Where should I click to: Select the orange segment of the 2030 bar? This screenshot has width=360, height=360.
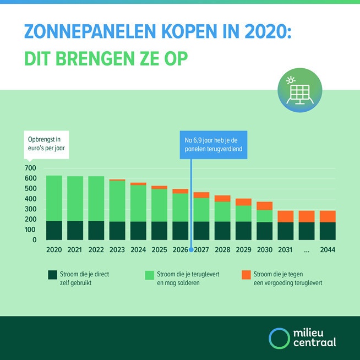click(265, 206)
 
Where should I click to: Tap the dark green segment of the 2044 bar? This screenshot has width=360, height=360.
click(328, 231)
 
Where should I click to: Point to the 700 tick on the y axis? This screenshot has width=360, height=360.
click(30, 168)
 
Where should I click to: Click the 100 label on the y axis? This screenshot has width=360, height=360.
click(30, 230)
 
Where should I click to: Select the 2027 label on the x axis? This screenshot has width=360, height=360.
click(202, 249)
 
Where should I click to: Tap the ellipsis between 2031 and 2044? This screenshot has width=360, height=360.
click(307, 249)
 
